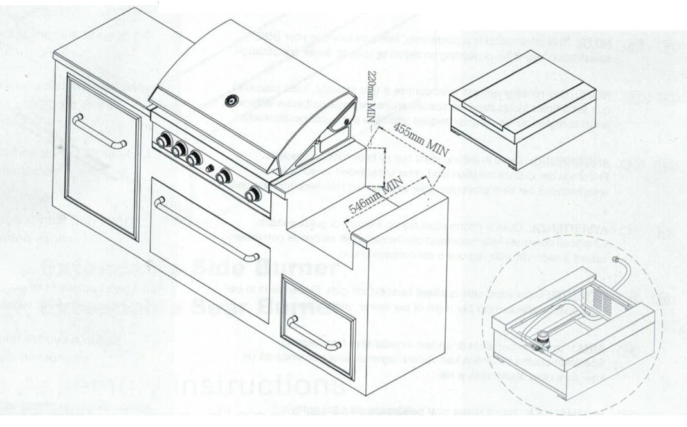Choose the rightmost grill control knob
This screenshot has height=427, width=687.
pos(255,194)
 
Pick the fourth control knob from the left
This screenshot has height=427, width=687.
pos(223,175)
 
